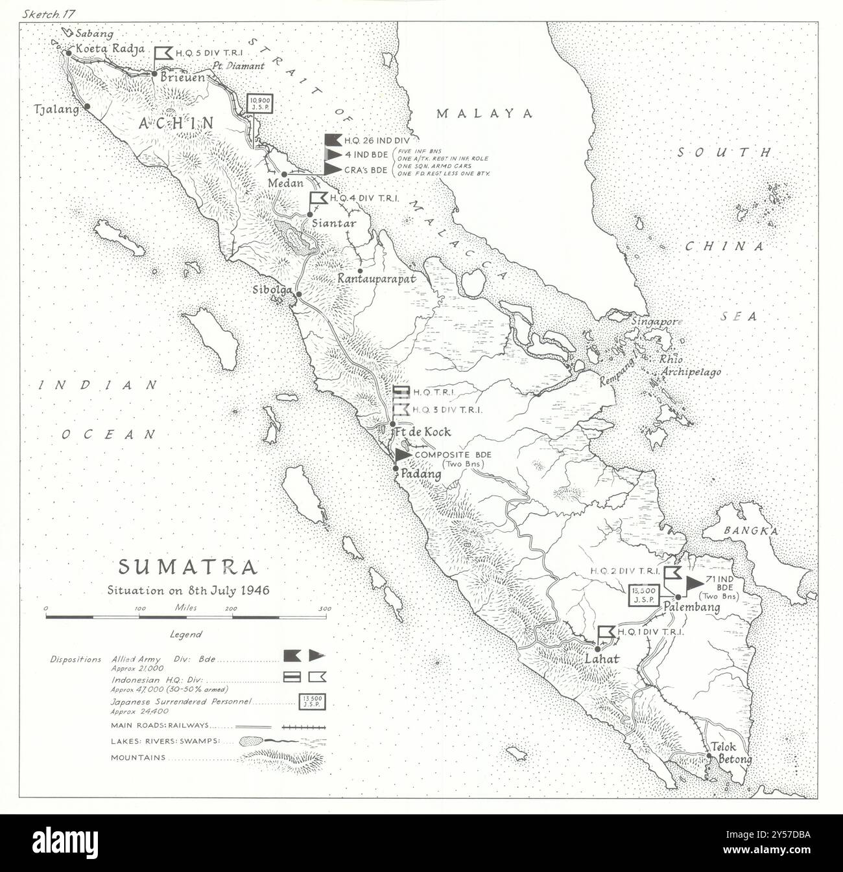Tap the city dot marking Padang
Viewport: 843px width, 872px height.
(395, 468)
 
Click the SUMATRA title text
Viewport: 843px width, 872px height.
(187, 568)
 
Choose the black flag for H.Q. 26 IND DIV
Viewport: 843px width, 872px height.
(332, 139)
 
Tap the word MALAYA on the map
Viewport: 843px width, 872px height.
(484, 113)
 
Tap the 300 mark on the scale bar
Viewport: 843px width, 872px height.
(324, 609)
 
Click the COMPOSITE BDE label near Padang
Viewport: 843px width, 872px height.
(444, 455)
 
